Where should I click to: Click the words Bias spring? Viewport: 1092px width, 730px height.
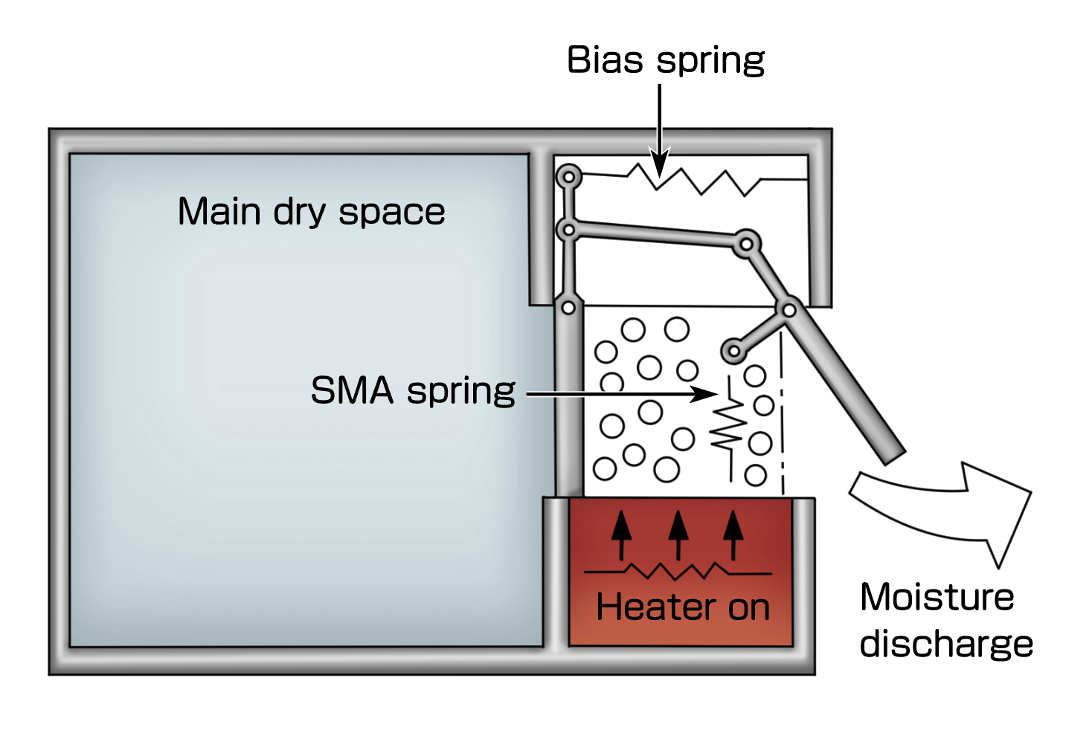[x=665, y=61]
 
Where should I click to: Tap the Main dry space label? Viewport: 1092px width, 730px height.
[x=311, y=212]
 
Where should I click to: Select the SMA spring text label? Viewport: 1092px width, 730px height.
[x=413, y=391]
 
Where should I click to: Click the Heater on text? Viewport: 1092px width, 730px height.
[x=682, y=607]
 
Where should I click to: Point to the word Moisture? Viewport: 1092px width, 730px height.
[x=937, y=598]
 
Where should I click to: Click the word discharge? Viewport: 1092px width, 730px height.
[x=945, y=644]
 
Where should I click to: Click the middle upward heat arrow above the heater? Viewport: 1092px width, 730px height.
[x=678, y=533]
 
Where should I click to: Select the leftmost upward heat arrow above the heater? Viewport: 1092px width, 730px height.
[x=622, y=533]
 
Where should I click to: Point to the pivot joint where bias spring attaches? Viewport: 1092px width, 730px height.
[x=569, y=177]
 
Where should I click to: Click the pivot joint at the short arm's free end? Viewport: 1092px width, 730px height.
[x=733, y=350]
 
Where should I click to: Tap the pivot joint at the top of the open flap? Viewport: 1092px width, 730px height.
[x=788, y=309]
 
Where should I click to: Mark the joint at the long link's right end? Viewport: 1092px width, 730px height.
[x=746, y=243]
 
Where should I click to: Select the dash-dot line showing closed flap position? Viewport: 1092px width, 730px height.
[x=781, y=416]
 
